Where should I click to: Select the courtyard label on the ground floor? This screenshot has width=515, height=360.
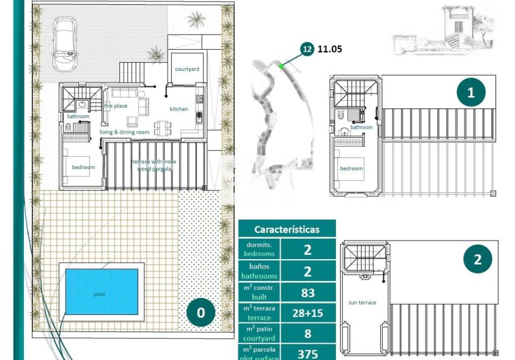pyautogui.click(x=186, y=70)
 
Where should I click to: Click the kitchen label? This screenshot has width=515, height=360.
pyautogui.click(x=178, y=109)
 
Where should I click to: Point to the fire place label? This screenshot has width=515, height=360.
pyautogui.click(x=115, y=106)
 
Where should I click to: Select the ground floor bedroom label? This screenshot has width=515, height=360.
pyautogui.click(x=83, y=166)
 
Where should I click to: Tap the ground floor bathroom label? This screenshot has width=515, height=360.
pyautogui.click(x=78, y=117)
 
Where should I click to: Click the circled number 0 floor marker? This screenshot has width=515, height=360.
pyautogui.click(x=200, y=313)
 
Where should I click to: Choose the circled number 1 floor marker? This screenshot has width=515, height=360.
pyautogui.click(x=470, y=91)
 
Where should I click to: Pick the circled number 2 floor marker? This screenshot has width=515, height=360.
pyautogui.click(x=477, y=259)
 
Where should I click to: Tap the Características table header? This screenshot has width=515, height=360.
pyautogui.click(x=286, y=230)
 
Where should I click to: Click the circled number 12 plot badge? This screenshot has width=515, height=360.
pyautogui.click(x=307, y=48)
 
